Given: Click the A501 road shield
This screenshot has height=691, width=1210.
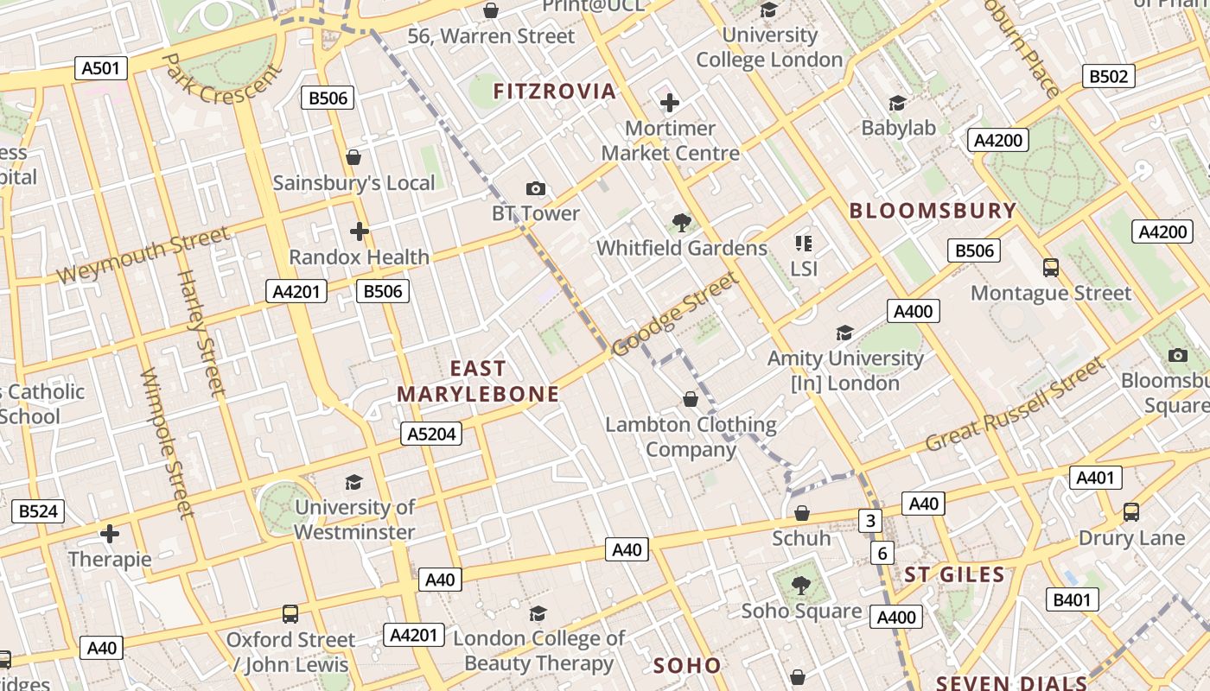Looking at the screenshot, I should [101, 68].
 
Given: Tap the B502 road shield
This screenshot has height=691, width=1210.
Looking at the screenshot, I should [1108, 76].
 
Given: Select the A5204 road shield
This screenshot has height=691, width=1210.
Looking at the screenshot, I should [431, 434].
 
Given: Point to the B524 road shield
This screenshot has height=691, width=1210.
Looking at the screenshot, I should [38, 511].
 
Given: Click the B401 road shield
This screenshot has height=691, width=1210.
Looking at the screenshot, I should [1073, 599].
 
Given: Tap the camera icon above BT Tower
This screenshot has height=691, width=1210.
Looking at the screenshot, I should [536, 188].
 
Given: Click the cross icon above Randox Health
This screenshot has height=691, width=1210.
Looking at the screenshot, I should [359, 231].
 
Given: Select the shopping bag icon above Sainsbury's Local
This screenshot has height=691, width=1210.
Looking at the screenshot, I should [353, 157].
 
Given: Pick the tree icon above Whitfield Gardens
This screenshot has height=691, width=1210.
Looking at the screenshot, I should [681, 223].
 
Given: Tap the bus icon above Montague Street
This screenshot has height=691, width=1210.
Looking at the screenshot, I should [1050, 268].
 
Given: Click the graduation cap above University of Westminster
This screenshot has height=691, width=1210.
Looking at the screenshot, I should [353, 482].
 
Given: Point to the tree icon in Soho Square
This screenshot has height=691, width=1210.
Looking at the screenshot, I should [801, 585].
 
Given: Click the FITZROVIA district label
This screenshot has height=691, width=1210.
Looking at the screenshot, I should [554, 92].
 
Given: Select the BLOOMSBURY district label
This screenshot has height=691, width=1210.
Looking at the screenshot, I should [933, 211].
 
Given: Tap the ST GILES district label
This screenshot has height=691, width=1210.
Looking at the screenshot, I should [954, 574].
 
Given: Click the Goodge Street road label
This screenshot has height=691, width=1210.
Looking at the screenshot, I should [675, 314].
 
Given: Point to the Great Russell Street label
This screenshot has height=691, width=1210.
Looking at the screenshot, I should [1016, 406].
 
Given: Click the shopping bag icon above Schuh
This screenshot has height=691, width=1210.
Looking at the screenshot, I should [801, 513].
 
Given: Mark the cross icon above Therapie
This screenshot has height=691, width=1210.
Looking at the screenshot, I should [110, 534].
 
